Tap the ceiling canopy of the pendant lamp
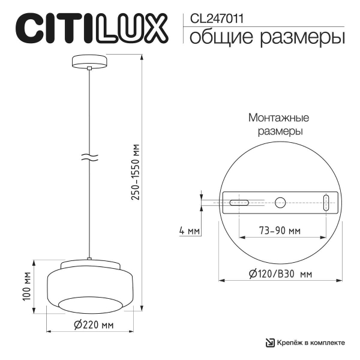tap(89, 62)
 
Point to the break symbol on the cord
tap(89, 159)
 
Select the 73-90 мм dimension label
tap(280, 230)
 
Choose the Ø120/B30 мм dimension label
tap(280, 274)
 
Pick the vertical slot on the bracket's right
tap(326, 203)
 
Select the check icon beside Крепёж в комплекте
tap(271, 343)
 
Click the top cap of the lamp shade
tap(89, 263)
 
